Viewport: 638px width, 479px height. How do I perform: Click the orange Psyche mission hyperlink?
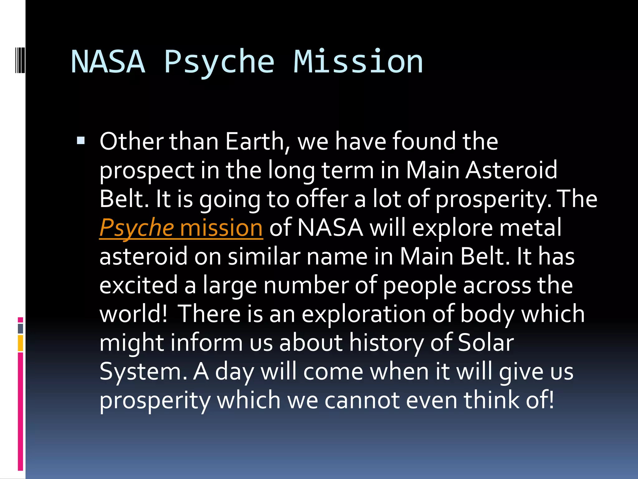[181, 228]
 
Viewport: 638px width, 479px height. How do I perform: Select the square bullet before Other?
[81, 141]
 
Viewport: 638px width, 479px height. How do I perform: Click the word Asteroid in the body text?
[511, 171]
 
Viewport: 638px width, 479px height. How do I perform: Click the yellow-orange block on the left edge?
[21, 343]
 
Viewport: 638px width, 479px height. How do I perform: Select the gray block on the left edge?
[21, 329]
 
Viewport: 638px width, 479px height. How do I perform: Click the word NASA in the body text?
[330, 228]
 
